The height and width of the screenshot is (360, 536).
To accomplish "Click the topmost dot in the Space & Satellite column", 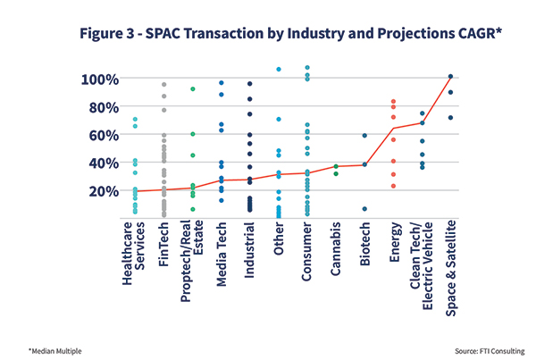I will coord(450,77).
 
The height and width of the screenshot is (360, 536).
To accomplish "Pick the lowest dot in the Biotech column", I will coord(364,209).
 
